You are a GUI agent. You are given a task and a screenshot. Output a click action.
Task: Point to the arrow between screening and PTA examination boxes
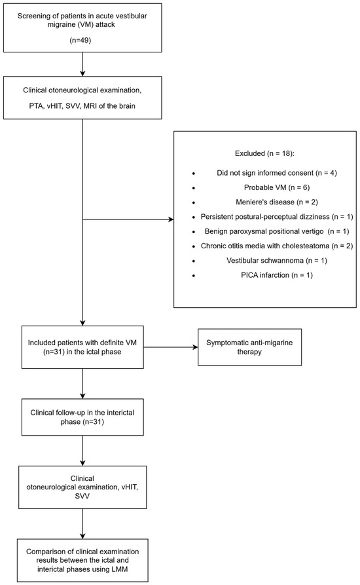(82, 64)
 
